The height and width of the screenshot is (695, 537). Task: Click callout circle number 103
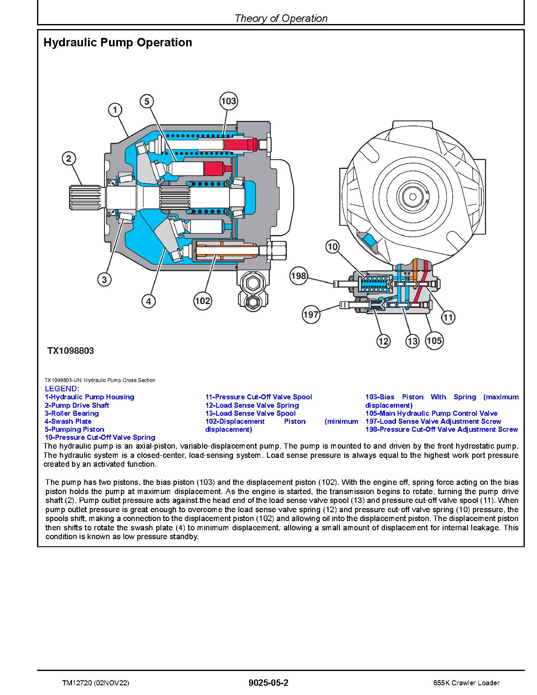228,101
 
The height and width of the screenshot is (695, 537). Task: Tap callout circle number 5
147,101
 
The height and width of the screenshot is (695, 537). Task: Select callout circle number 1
115,110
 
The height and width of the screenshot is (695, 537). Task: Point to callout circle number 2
69,159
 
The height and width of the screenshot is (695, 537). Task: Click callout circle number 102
203,301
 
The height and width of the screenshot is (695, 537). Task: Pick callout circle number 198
299,276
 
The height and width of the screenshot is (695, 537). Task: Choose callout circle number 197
311,314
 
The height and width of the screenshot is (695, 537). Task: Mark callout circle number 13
413,341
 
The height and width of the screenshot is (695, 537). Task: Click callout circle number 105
434,340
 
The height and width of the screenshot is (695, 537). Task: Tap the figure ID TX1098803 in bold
70,351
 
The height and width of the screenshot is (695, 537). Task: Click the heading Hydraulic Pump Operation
118,43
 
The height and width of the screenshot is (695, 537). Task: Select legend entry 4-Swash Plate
68,421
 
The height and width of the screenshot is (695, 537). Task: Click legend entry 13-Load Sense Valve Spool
250,413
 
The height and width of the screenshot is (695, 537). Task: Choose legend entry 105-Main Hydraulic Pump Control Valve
431,413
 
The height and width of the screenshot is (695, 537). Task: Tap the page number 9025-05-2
268,683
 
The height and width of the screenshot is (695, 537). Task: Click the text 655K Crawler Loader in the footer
466,683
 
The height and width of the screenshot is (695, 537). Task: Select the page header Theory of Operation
281,18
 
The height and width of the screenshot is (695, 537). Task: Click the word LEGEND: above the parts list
62,389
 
